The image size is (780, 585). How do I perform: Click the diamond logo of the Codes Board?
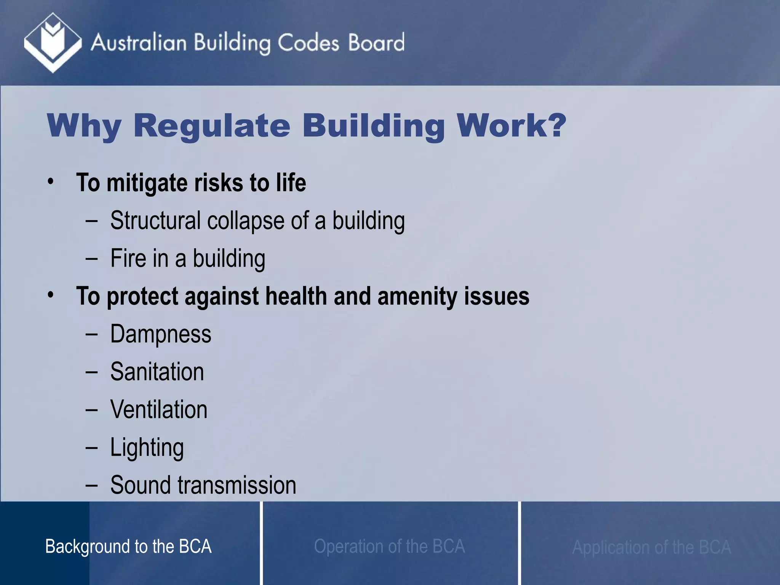(x=53, y=42)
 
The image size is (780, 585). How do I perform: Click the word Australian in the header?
(x=139, y=42)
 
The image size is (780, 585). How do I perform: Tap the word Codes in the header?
(x=308, y=42)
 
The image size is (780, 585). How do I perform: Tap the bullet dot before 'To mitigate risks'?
(x=51, y=182)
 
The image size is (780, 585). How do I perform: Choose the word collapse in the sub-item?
(x=245, y=221)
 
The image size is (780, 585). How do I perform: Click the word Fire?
(x=128, y=258)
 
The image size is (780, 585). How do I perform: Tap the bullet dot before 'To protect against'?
(x=51, y=295)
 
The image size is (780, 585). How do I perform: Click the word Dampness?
(x=161, y=334)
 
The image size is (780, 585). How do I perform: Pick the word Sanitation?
(x=157, y=372)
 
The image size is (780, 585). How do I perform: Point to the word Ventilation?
(x=159, y=409)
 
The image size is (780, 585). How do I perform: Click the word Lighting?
(x=147, y=448)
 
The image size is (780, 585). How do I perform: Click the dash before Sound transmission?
(x=91, y=485)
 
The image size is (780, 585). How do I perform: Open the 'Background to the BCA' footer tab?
(x=128, y=546)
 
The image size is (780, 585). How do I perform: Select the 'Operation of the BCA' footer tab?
(x=389, y=546)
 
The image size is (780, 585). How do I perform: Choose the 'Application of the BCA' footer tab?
(x=652, y=547)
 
